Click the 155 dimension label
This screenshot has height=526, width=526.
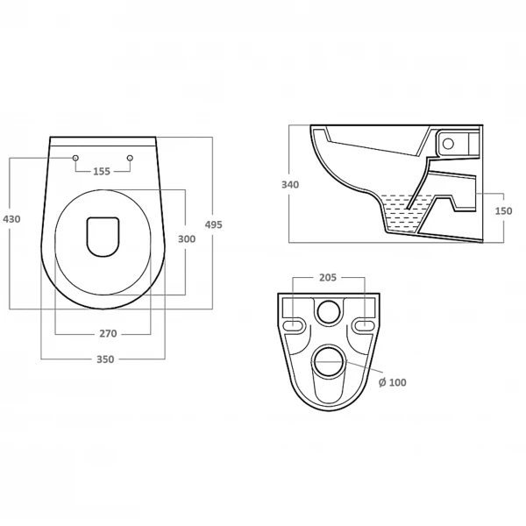pos(102,172)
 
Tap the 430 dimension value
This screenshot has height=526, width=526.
pos(11,219)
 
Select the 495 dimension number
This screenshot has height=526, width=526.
pos(214,224)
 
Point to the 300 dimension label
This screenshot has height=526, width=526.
pos(187,239)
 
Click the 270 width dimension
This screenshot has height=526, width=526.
pos(108,334)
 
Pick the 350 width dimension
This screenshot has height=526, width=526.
pos(105,359)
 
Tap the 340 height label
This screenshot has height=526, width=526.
pos(290,185)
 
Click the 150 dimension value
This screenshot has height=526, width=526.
pos(503,211)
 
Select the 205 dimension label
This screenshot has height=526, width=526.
pos(328,278)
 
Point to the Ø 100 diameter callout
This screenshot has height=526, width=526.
pos(393,382)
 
